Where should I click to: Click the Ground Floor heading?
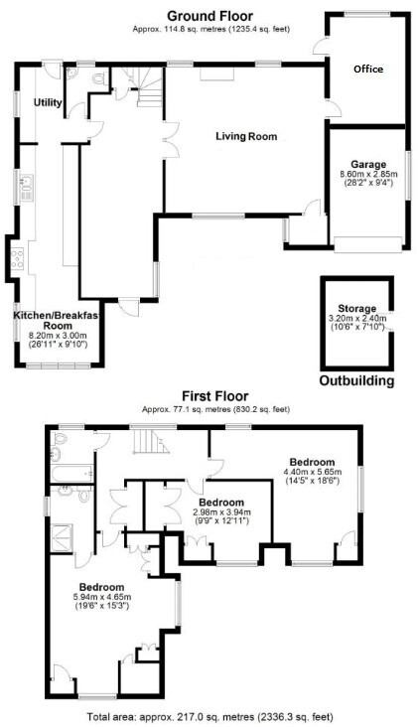pos(209,16)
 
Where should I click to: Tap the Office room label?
pos(368,70)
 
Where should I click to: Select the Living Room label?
pos(246,136)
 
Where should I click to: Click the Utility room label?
pos(48,102)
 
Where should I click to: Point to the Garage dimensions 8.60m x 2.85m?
pos(369,174)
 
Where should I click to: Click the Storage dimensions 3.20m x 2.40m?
pos(356,319)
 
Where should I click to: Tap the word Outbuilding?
pos(356,381)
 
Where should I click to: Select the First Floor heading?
pos(215,396)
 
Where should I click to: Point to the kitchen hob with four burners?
pos(17,258)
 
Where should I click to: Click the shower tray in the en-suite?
pos(65,537)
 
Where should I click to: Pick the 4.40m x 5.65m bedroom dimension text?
pos(312,472)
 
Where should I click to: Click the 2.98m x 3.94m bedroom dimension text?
pos(221,512)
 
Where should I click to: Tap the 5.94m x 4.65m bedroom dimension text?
pos(101,597)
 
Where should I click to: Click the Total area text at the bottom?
pos(209,717)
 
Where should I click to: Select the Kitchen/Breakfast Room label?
pos(56,321)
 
